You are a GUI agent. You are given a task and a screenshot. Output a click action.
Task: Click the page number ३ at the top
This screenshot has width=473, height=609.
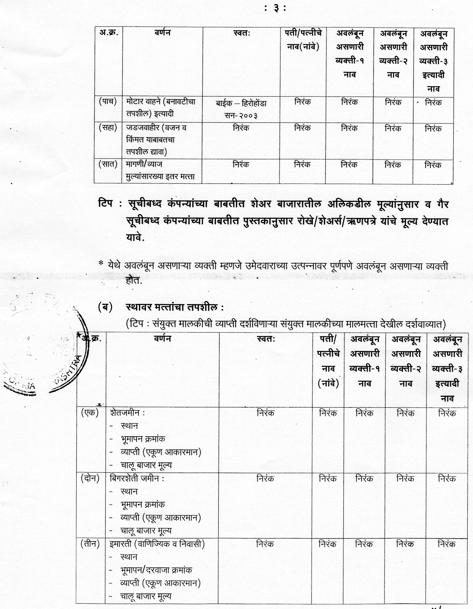click(275, 9)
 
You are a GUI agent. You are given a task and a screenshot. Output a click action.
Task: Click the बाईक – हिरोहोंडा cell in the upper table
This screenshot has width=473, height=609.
click(241, 104)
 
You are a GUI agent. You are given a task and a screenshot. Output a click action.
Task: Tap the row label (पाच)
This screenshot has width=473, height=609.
click(108, 101)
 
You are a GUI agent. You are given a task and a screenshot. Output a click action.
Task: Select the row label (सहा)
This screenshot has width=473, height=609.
click(108, 128)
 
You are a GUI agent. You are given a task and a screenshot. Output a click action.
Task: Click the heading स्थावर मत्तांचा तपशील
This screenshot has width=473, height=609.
click(174, 307)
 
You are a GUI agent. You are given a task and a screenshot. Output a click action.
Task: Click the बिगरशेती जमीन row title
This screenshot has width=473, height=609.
click(136, 479)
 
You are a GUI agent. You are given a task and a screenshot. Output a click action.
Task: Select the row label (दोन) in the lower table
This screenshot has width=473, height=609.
click(90, 479)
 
